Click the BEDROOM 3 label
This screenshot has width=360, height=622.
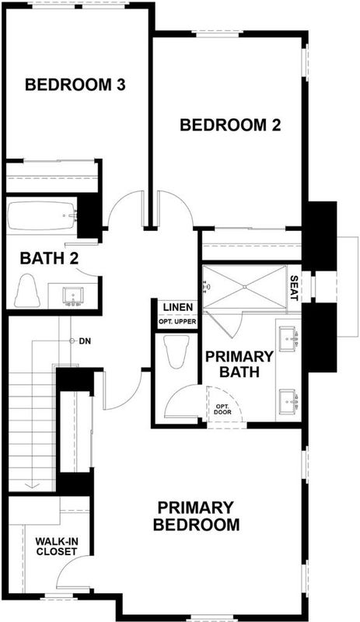pyautogui.click(x=75, y=85)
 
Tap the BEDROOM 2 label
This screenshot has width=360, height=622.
pyautogui.click(x=230, y=125)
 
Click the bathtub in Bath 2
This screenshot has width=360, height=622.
pyautogui.click(x=41, y=216)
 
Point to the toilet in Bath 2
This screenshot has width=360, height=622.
pyautogui.click(x=27, y=290)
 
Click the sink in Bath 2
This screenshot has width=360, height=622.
pyautogui.click(x=73, y=296)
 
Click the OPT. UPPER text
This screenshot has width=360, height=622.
pyautogui.click(x=177, y=321)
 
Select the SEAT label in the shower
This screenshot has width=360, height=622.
pyautogui.click(x=294, y=288)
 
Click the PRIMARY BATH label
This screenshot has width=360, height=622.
pyautogui.click(x=239, y=364)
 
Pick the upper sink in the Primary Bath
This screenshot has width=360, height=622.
pyautogui.click(x=288, y=339)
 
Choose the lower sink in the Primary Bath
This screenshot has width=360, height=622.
pyautogui.click(x=288, y=401)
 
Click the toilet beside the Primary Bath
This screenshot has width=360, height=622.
pyautogui.click(x=178, y=351)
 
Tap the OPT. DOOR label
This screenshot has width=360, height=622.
pyautogui.click(x=223, y=410)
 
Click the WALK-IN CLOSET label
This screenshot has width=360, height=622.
pyautogui.click(x=56, y=546)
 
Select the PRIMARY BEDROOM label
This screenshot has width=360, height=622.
pyautogui.click(x=197, y=516)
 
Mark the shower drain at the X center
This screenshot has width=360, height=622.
pyautogui.click(x=245, y=287)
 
